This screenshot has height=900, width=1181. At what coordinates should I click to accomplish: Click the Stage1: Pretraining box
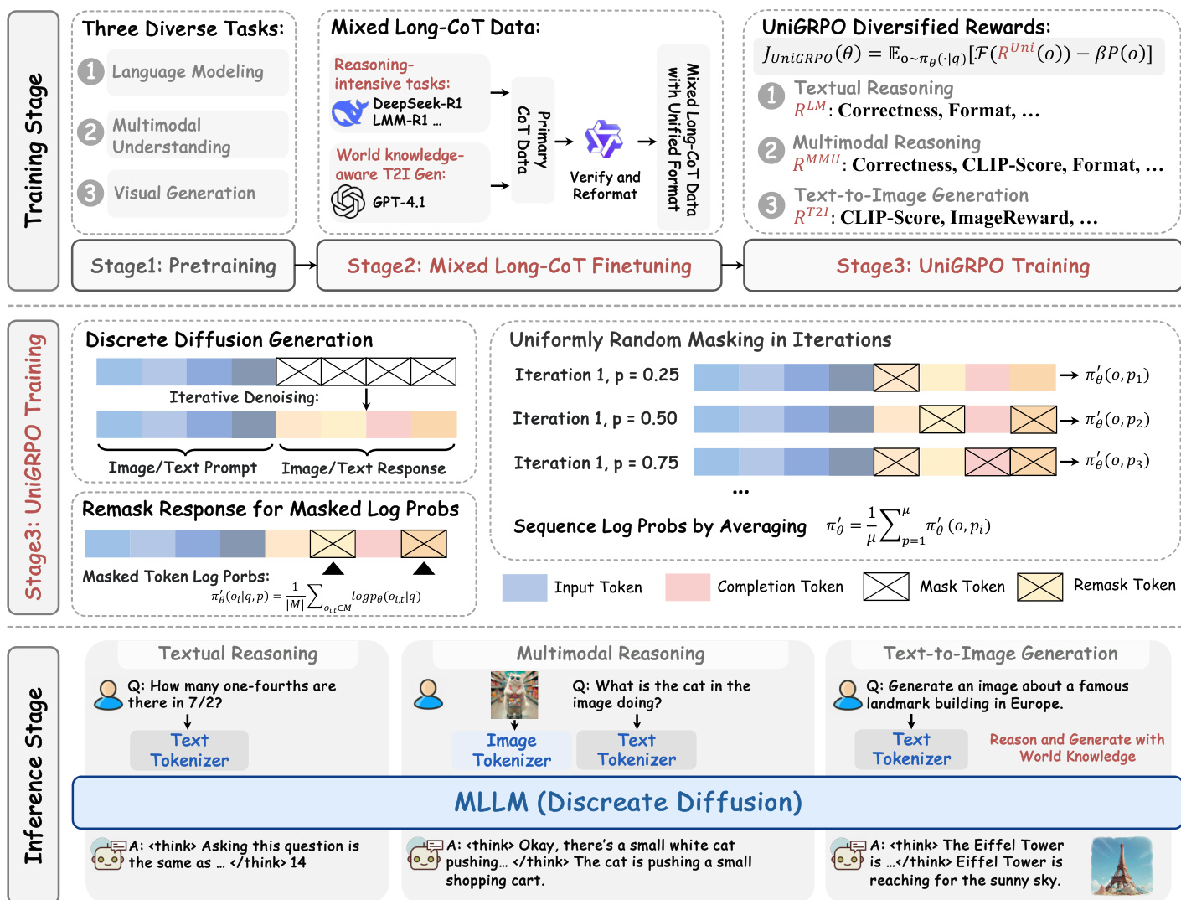click(x=183, y=266)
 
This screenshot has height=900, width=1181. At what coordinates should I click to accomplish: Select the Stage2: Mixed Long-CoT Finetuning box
click(x=519, y=266)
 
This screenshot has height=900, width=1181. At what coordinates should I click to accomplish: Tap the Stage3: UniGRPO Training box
click(x=962, y=266)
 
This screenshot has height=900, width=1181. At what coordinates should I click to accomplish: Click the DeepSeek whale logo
click(x=349, y=112)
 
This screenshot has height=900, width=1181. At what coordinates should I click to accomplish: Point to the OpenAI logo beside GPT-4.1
click(x=348, y=202)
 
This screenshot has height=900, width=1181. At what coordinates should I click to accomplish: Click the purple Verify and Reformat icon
click(x=603, y=139)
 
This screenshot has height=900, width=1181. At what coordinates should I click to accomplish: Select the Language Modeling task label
click(x=188, y=72)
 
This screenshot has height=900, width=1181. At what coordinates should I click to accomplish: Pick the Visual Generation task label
click(x=184, y=194)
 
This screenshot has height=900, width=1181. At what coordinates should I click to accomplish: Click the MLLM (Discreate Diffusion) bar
click(x=627, y=802)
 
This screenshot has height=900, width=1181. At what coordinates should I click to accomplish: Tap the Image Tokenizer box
click(x=512, y=750)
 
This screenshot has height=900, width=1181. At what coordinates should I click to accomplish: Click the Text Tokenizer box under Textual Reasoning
click(x=189, y=750)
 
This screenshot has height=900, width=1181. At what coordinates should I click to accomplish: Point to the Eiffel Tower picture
click(x=1121, y=866)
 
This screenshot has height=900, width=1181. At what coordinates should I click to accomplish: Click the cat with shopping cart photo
click(x=514, y=695)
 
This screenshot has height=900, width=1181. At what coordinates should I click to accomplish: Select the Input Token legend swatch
click(x=524, y=587)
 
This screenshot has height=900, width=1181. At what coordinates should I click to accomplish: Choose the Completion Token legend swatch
click(x=688, y=587)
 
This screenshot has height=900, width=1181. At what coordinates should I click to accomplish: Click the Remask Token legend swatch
click(x=1039, y=587)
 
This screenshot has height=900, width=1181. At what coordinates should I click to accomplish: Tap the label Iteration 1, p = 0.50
click(x=596, y=418)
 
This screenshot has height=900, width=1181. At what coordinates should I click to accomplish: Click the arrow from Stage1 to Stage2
click(x=306, y=266)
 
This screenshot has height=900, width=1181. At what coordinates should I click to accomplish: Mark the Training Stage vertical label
click(x=34, y=151)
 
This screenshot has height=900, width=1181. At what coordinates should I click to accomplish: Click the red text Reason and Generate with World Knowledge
click(x=1077, y=747)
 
